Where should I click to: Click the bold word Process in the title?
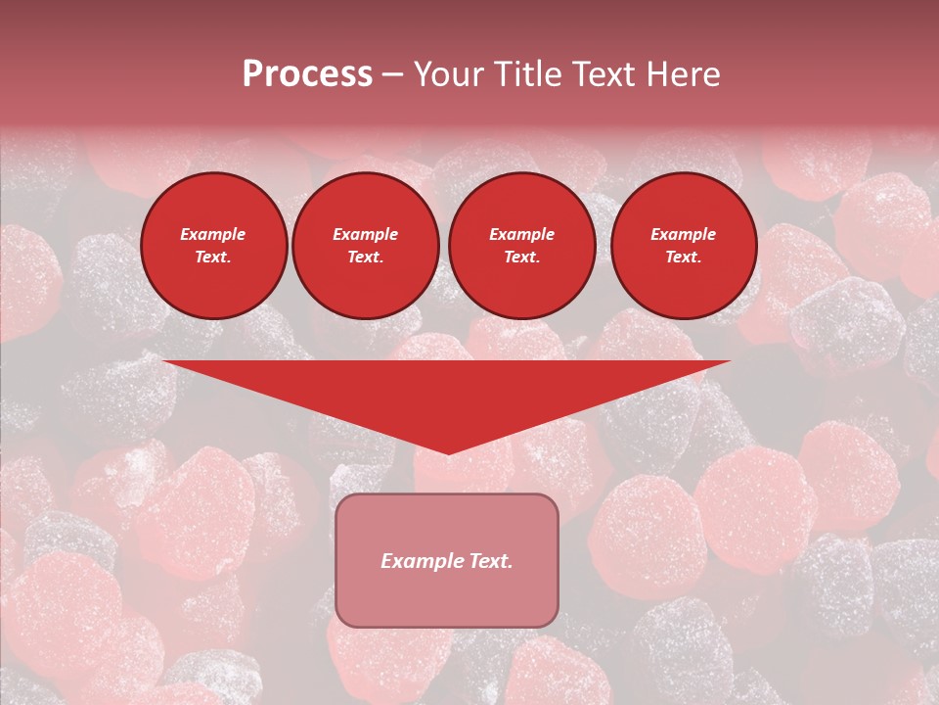point(307,74)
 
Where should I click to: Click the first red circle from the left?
point(214,246)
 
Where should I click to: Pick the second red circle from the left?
point(366,246)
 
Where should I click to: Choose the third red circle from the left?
point(522,246)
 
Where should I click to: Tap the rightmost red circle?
point(684,246)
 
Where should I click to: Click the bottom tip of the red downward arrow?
point(448,452)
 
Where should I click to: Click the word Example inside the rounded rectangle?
point(423,561)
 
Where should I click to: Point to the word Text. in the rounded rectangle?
point(491,561)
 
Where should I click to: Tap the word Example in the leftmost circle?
point(213,235)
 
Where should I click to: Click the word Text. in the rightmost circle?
point(684,258)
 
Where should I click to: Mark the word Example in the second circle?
point(366,235)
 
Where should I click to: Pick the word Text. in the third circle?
point(522,258)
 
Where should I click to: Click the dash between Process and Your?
point(393,74)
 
